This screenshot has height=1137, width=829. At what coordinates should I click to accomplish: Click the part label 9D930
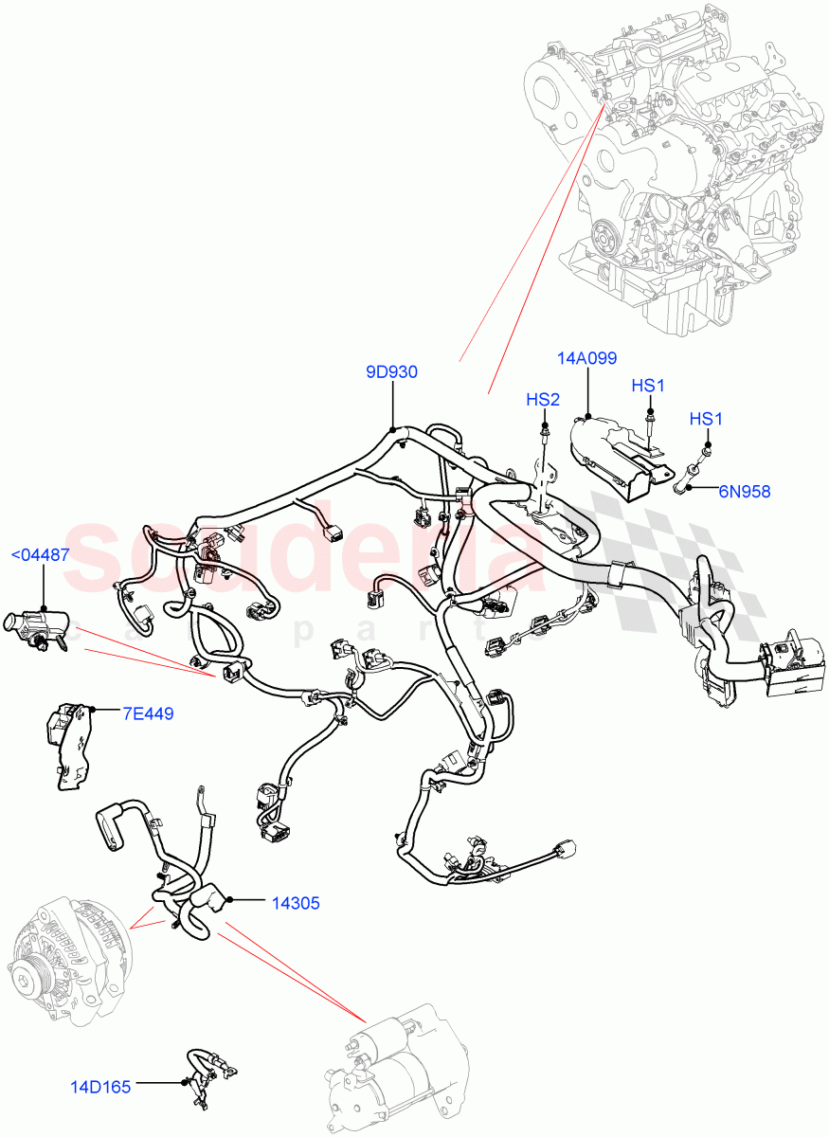(391, 372)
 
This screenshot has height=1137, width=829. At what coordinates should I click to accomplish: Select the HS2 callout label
(543, 400)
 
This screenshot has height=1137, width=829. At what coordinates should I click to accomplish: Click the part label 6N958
(744, 491)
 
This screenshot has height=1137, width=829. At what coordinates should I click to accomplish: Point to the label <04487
(40, 555)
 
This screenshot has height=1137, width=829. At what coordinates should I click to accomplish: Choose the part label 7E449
(147, 713)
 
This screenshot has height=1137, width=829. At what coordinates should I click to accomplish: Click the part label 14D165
(100, 1086)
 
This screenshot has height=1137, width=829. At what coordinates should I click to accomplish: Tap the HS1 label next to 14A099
(649, 386)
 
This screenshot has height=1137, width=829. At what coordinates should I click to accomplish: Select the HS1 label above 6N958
(706, 419)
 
